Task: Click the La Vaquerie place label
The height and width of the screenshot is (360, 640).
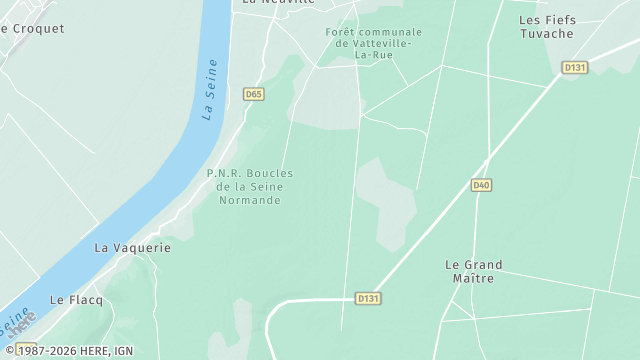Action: [x=132, y=247]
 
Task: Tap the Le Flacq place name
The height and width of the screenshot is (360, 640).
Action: [x=76, y=299]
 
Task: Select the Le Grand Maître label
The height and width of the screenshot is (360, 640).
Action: [x=473, y=271]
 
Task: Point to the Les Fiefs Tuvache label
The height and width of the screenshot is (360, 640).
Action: [x=547, y=26]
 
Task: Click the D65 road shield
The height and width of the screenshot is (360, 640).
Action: [x=253, y=94]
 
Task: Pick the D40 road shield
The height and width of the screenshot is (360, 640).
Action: [x=481, y=185]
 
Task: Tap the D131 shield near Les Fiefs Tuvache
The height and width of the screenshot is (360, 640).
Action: [x=573, y=68]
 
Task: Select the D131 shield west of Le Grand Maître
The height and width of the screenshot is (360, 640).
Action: [x=368, y=298]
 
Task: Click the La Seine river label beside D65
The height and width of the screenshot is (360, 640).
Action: [x=211, y=90]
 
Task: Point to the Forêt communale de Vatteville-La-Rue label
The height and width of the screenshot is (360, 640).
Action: [x=373, y=43]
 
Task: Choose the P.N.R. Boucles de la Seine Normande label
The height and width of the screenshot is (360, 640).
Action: [x=249, y=186]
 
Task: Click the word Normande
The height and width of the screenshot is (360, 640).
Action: [x=249, y=200]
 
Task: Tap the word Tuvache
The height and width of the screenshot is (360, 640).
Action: [x=547, y=33]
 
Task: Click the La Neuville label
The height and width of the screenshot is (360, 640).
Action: [x=279, y=2]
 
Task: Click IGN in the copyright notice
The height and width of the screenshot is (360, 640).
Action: [x=123, y=350]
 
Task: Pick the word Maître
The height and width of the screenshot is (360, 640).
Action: [x=473, y=278]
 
